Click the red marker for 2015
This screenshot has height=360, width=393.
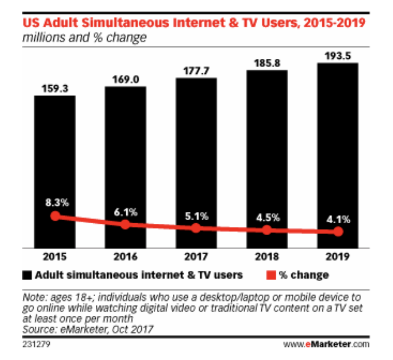pyautogui.click(x=55, y=216)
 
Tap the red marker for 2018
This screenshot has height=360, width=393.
pyautogui.click(x=267, y=230)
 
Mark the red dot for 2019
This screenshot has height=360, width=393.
pyautogui.click(x=337, y=232)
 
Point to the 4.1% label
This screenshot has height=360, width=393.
pyautogui.click(x=338, y=218)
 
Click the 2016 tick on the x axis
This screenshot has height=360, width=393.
pyautogui.click(x=125, y=257)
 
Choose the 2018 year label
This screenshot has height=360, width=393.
pyautogui.click(x=267, y=257)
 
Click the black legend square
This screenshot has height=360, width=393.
pyautogui.click(x=28, y=275)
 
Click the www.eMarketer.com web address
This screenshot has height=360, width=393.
pyautogui.click(x=326, y=342)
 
